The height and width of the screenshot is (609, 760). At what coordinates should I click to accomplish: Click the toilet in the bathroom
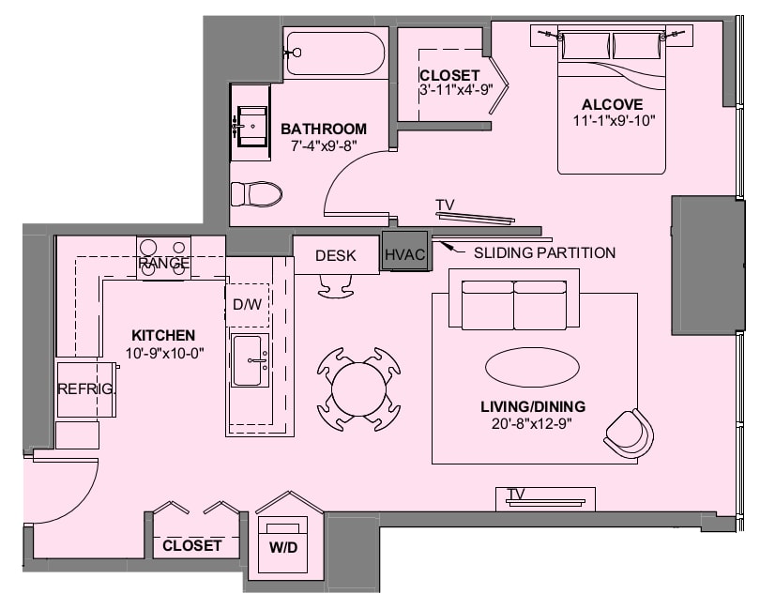point(256,194)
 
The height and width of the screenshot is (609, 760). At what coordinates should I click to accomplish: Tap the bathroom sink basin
point(251,126)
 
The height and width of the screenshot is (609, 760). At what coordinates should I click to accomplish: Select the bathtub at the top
point(335,53)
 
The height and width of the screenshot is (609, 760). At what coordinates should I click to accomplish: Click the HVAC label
point(404,254)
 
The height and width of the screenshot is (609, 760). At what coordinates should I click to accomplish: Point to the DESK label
point(335,255)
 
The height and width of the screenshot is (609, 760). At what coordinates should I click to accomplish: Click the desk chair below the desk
point(335,286)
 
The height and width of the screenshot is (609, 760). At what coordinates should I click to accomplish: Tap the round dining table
point(358,388)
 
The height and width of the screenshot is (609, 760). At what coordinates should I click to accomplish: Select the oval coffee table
point(532,367)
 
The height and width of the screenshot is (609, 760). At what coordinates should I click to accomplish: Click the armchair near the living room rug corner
point(630,433)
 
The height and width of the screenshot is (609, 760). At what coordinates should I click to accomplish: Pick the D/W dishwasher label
point(247,304)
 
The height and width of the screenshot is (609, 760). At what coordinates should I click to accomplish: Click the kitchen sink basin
point(250,360)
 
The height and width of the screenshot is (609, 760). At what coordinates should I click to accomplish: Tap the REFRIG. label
point(86,388)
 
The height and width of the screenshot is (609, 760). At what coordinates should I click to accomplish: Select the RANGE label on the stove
point(164,264)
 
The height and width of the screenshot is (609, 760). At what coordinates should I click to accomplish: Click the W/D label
point(283,547)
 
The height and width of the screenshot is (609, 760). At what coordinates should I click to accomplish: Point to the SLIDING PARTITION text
point(545,253)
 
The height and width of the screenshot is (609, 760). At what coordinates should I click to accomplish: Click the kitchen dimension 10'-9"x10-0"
point(165,354)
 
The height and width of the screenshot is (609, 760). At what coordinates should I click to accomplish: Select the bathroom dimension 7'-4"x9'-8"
point(324,145)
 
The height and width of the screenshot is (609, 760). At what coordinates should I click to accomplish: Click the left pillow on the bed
point(585,46)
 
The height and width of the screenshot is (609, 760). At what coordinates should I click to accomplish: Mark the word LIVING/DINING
point(533,406)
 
